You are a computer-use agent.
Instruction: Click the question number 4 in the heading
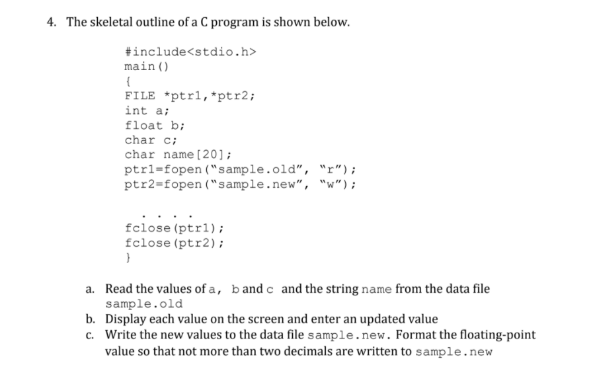pyautogui.click(x=50, y=22)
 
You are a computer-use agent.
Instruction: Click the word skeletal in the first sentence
pyautogui.click(x=110, y=22)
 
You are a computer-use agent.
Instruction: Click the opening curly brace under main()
pyautogui.click(x=127, y=81)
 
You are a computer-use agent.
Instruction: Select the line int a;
pyautogui.click(x=146, y=110)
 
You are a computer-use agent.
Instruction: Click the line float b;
pyautogui.click(x=154, y=124)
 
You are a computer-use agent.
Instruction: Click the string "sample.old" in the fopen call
pyautogui.click(x=260, y=169)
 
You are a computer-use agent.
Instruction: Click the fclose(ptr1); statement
pyautogui.click(x=174, y=228)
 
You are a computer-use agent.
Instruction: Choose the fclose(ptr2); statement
pyautogui.click(x=174, y=243)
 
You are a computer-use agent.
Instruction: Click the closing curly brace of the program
pyautogui.click(x=127, y=257)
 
